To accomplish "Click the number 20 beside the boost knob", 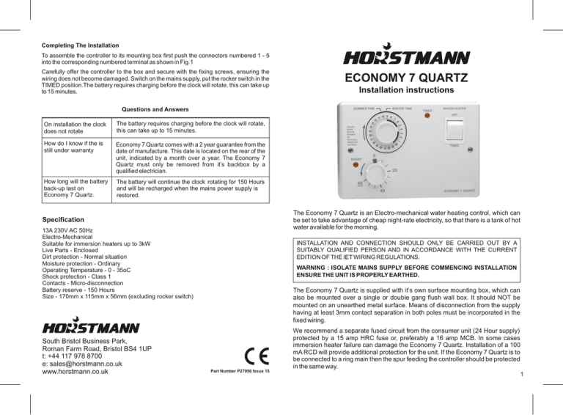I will coord(396,170).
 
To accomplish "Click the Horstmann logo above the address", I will coord(92,323).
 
